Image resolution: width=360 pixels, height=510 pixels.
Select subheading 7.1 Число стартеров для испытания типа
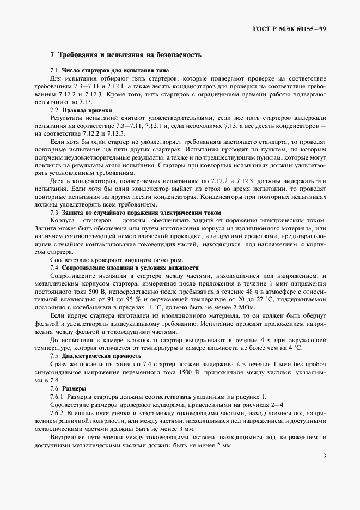pyautogui.click(x=109, y=70)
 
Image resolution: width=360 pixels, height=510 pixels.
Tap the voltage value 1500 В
pyautogui.click(x=188, y=371)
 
